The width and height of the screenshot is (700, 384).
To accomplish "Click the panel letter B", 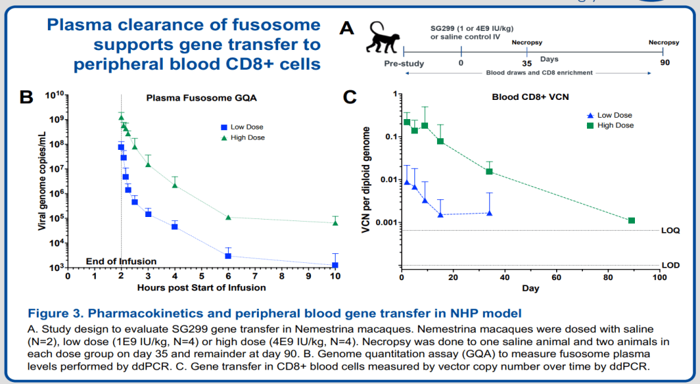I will pyautogui.click(x=25, y=97).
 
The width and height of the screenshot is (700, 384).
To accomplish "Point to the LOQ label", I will pyautogui.click(x=671, y=231).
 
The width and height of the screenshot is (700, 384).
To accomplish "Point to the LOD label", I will pyautogui.click(x=671, y=265).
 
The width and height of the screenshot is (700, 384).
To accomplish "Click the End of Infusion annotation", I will pyautogui.click(x=121, y=261).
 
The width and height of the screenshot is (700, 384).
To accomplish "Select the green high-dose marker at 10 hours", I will pyautogui.click(x=335, y=222).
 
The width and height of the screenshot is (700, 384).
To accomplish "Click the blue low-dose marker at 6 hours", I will pyautogui.click(x=228, y=256).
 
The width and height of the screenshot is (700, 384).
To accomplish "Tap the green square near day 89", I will pyautogui.click(x=632, y=220).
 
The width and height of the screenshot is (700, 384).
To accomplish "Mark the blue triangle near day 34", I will pyautogui.click(x=489, y=213).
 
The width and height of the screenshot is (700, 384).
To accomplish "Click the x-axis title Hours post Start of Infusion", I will pyautogui.click(x=201, y=287).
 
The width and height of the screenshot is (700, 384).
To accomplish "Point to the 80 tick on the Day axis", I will pyautogui.click(x=608, y=279).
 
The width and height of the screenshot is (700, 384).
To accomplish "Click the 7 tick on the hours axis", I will pyautogui.click(x=255, y=277).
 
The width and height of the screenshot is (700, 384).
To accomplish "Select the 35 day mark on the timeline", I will pyautogui.click(x=527, y=63).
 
